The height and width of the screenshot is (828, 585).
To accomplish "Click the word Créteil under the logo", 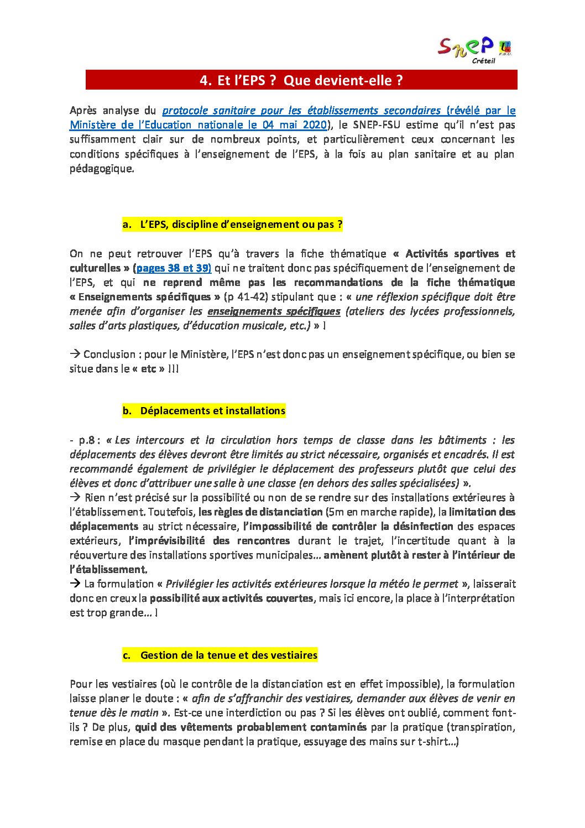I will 483,61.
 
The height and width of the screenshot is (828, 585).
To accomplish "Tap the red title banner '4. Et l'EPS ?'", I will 301,80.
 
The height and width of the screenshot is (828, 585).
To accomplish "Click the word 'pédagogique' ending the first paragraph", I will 101,169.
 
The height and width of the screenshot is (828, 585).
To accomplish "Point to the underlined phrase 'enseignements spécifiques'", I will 274,311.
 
